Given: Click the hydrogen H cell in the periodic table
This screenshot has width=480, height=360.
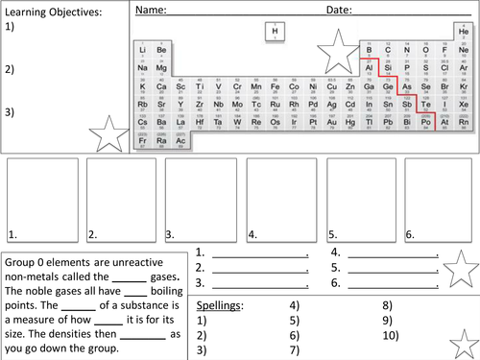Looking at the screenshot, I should tap(276, 33).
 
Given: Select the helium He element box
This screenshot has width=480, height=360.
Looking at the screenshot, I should tap(463, 33).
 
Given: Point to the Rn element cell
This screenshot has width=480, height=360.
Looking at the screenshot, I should tap(463, 123).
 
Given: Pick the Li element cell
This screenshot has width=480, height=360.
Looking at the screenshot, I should tap(143, 50).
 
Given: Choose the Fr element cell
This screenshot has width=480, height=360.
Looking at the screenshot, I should tap(143, 141).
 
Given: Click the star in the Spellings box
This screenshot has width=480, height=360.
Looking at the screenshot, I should tap(461, 335).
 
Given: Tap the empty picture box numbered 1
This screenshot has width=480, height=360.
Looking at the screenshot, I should tap(42, 199).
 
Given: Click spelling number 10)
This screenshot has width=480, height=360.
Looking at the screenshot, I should tap(389, 335).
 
